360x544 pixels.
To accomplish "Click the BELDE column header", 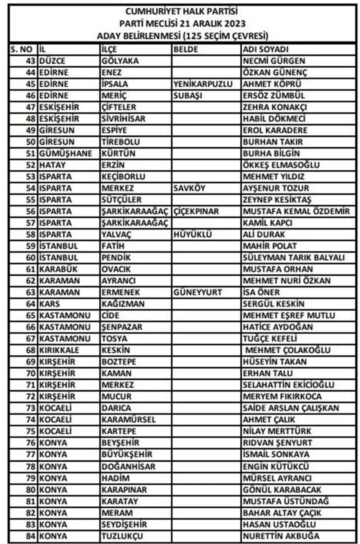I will [185, 50].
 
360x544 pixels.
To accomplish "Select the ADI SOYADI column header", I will [265, 50].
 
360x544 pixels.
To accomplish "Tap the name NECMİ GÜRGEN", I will [273, 61].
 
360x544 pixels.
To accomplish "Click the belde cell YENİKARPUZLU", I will [203, 84].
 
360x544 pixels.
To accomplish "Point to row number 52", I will [31, 165].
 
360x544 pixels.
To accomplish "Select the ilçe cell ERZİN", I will [113, 165].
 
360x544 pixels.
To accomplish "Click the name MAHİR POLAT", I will [269, 246].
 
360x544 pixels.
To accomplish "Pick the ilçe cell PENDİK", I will [116, 258].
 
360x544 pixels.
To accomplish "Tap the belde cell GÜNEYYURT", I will [198, 293].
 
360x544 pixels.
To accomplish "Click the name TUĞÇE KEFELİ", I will [269, 339].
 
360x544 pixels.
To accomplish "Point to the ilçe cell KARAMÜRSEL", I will [128, 420].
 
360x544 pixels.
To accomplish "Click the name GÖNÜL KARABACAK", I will [281, 490].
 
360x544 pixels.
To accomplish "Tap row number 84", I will [31, 536].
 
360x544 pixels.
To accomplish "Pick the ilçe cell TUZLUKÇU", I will [122, 536].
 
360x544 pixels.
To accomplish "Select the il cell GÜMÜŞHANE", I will [65, 153].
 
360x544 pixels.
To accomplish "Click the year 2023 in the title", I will [234, 23].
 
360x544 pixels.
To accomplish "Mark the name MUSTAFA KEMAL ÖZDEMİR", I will [296, 211].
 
